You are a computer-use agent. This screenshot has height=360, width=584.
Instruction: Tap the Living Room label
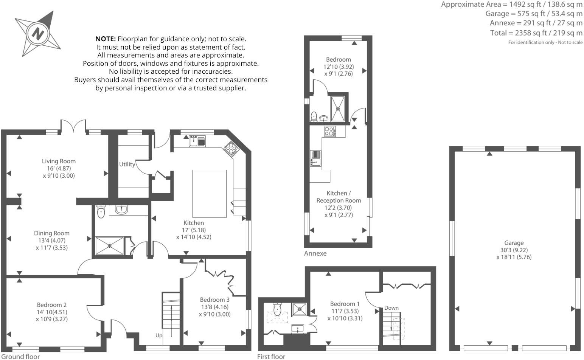pyautogui.click(x=59, y=161)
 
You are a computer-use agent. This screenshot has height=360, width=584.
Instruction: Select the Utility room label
pyautogui.click(x=127, y=164)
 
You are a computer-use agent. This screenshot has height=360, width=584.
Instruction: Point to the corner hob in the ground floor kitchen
pyautogui.click(x=231, y=149)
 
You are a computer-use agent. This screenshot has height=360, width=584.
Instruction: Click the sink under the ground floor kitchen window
pyautogui.click(x=197, y=141)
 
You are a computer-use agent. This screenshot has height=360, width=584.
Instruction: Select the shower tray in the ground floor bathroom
pyautogui.click(x=109, y=245)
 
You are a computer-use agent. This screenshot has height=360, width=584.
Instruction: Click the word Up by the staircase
pyautogui.click(x=159, y=335)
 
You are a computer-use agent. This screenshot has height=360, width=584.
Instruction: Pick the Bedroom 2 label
pyautogui.click(x=52, y=305)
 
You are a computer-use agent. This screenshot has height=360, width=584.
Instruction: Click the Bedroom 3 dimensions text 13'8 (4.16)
pyautogui.click(x=214, y=307)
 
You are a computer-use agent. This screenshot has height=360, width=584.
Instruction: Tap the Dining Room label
pyautogui.click(x=52, y=233)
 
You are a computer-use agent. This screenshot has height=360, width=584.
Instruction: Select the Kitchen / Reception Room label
pyautogui.click(x=339, y=197)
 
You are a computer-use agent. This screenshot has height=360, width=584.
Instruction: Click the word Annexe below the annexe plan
pyautogui.click(x=315, y=253)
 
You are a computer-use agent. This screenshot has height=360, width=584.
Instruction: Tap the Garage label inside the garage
pyautogui.click(x=514, y=243)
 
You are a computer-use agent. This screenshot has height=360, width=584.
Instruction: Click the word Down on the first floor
pyautogui.click(x=391, y=308)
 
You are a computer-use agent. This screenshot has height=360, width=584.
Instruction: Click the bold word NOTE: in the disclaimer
pyautogui.click(x=106, y=39)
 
